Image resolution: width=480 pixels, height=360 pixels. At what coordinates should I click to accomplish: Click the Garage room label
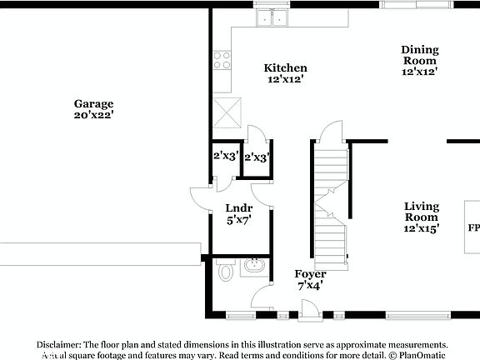tap(93, 104)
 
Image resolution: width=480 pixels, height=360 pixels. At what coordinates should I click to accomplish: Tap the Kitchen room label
tap(286, 68)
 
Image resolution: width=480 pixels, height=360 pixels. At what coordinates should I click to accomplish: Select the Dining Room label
tap(420, 55)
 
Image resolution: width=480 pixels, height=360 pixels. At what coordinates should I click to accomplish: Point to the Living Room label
tap(422, 211)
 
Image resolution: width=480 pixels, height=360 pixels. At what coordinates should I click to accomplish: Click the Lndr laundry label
tap(239, 208)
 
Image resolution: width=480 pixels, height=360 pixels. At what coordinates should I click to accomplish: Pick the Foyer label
tap(311, 273)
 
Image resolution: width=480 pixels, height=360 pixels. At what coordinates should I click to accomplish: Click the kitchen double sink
tap(270, 17)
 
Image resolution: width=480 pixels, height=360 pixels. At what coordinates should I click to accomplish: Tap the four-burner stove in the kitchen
tap(222, 59)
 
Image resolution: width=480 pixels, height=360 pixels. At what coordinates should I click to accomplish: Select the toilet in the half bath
tap(224, 271)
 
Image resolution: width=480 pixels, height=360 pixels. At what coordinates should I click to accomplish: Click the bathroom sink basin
tap(253, 267)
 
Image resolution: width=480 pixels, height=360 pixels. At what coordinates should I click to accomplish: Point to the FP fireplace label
tap(472, 227)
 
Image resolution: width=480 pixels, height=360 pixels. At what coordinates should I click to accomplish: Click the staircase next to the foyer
tap(329, 200)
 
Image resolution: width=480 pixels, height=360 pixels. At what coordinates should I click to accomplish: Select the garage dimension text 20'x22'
tap(93, 115)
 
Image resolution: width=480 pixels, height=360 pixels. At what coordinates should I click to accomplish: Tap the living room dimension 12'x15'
tap(422, 227)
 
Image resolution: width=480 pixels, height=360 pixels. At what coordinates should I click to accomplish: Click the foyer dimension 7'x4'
tap(311, 285)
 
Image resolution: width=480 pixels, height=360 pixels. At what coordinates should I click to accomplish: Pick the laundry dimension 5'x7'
tap(239, 220)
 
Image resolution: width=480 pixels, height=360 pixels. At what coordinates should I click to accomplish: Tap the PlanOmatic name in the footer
tap(422, 355)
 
